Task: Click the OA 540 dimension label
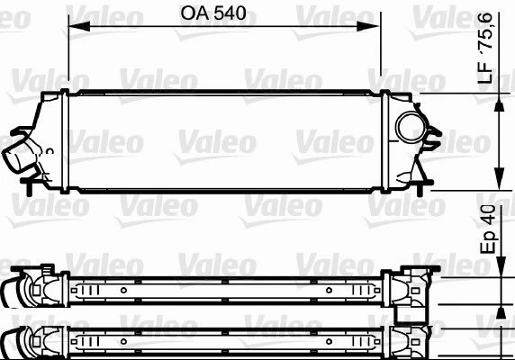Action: (x=213, y=13)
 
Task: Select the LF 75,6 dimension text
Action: (x=485, y=48)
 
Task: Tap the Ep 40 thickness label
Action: (x=488, y=229)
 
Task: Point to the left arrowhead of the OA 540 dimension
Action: (x=79, y=26)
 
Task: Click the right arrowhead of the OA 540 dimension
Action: (x=368, y=26)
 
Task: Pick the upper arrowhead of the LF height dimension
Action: (x=499, y=105)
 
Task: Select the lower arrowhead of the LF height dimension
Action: (x=499, y=178)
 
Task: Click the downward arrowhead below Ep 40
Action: (x=501, y=266)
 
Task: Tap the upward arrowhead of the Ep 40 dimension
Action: (x=501, y=312)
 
